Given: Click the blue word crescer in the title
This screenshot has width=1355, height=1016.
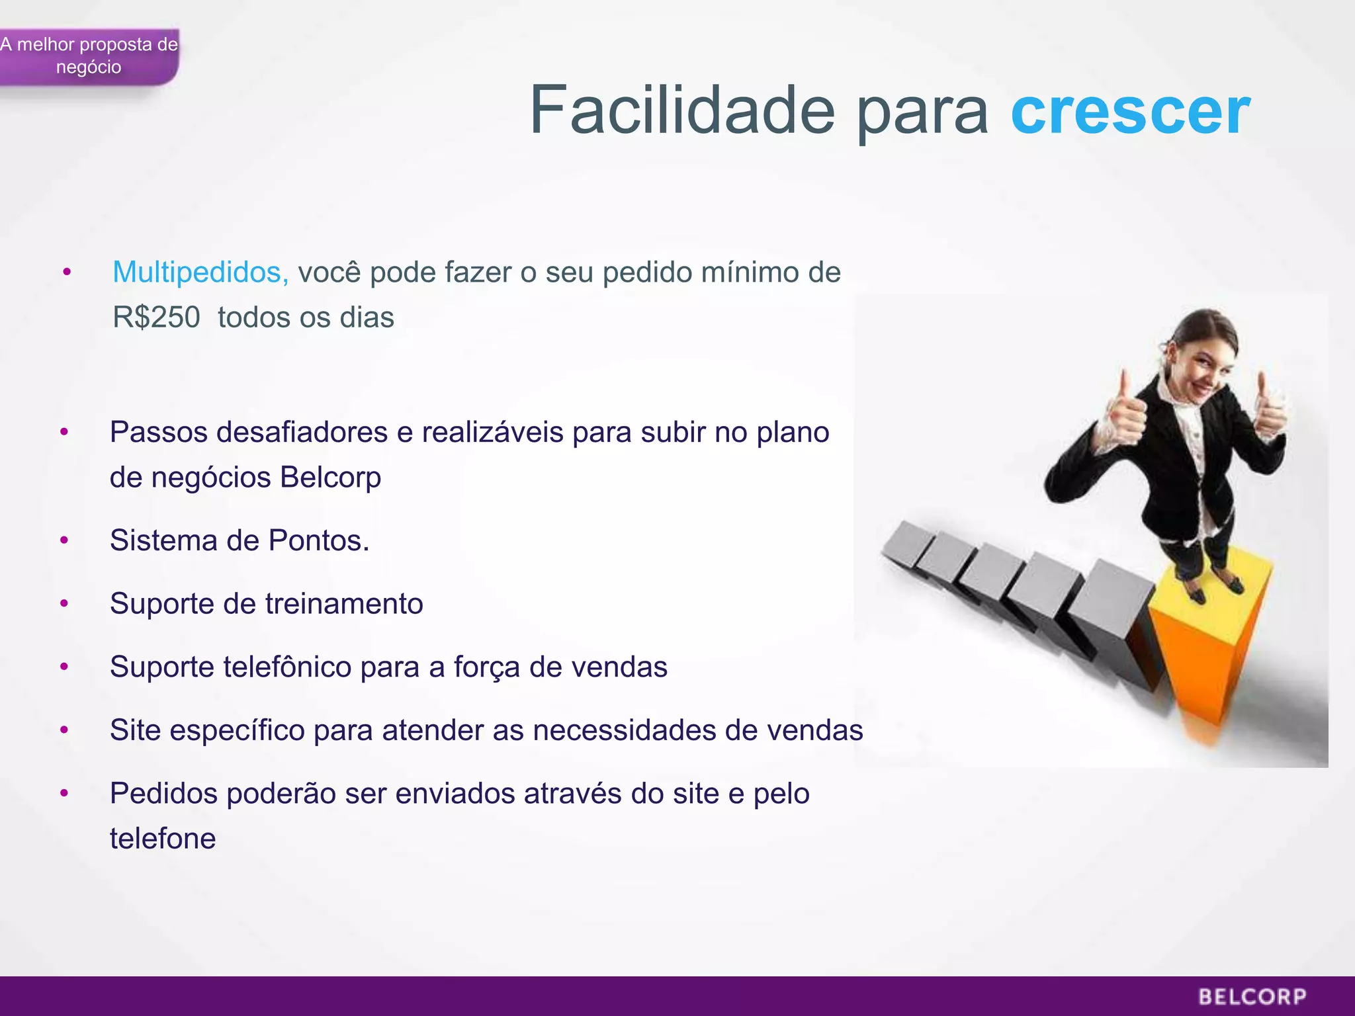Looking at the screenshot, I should coord(1130,111).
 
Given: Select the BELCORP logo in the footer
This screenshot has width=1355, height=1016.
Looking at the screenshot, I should coord(1252,996).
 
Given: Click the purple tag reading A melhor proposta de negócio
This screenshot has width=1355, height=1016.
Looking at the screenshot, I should coord(89,56).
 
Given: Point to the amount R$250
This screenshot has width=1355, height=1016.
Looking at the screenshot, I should coord(156,317).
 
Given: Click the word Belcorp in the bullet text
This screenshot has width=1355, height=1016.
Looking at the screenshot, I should coord(330,478).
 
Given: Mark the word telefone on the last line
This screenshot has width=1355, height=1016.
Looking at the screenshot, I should coord(163,839).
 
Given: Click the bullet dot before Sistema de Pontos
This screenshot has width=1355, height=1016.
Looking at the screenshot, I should coord(64,541).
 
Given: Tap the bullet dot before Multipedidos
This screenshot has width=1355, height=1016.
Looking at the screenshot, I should coord(67,273).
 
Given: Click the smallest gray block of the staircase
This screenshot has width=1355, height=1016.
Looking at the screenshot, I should coord(904,542).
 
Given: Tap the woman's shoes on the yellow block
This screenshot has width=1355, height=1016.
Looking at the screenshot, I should coord(1211,589).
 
